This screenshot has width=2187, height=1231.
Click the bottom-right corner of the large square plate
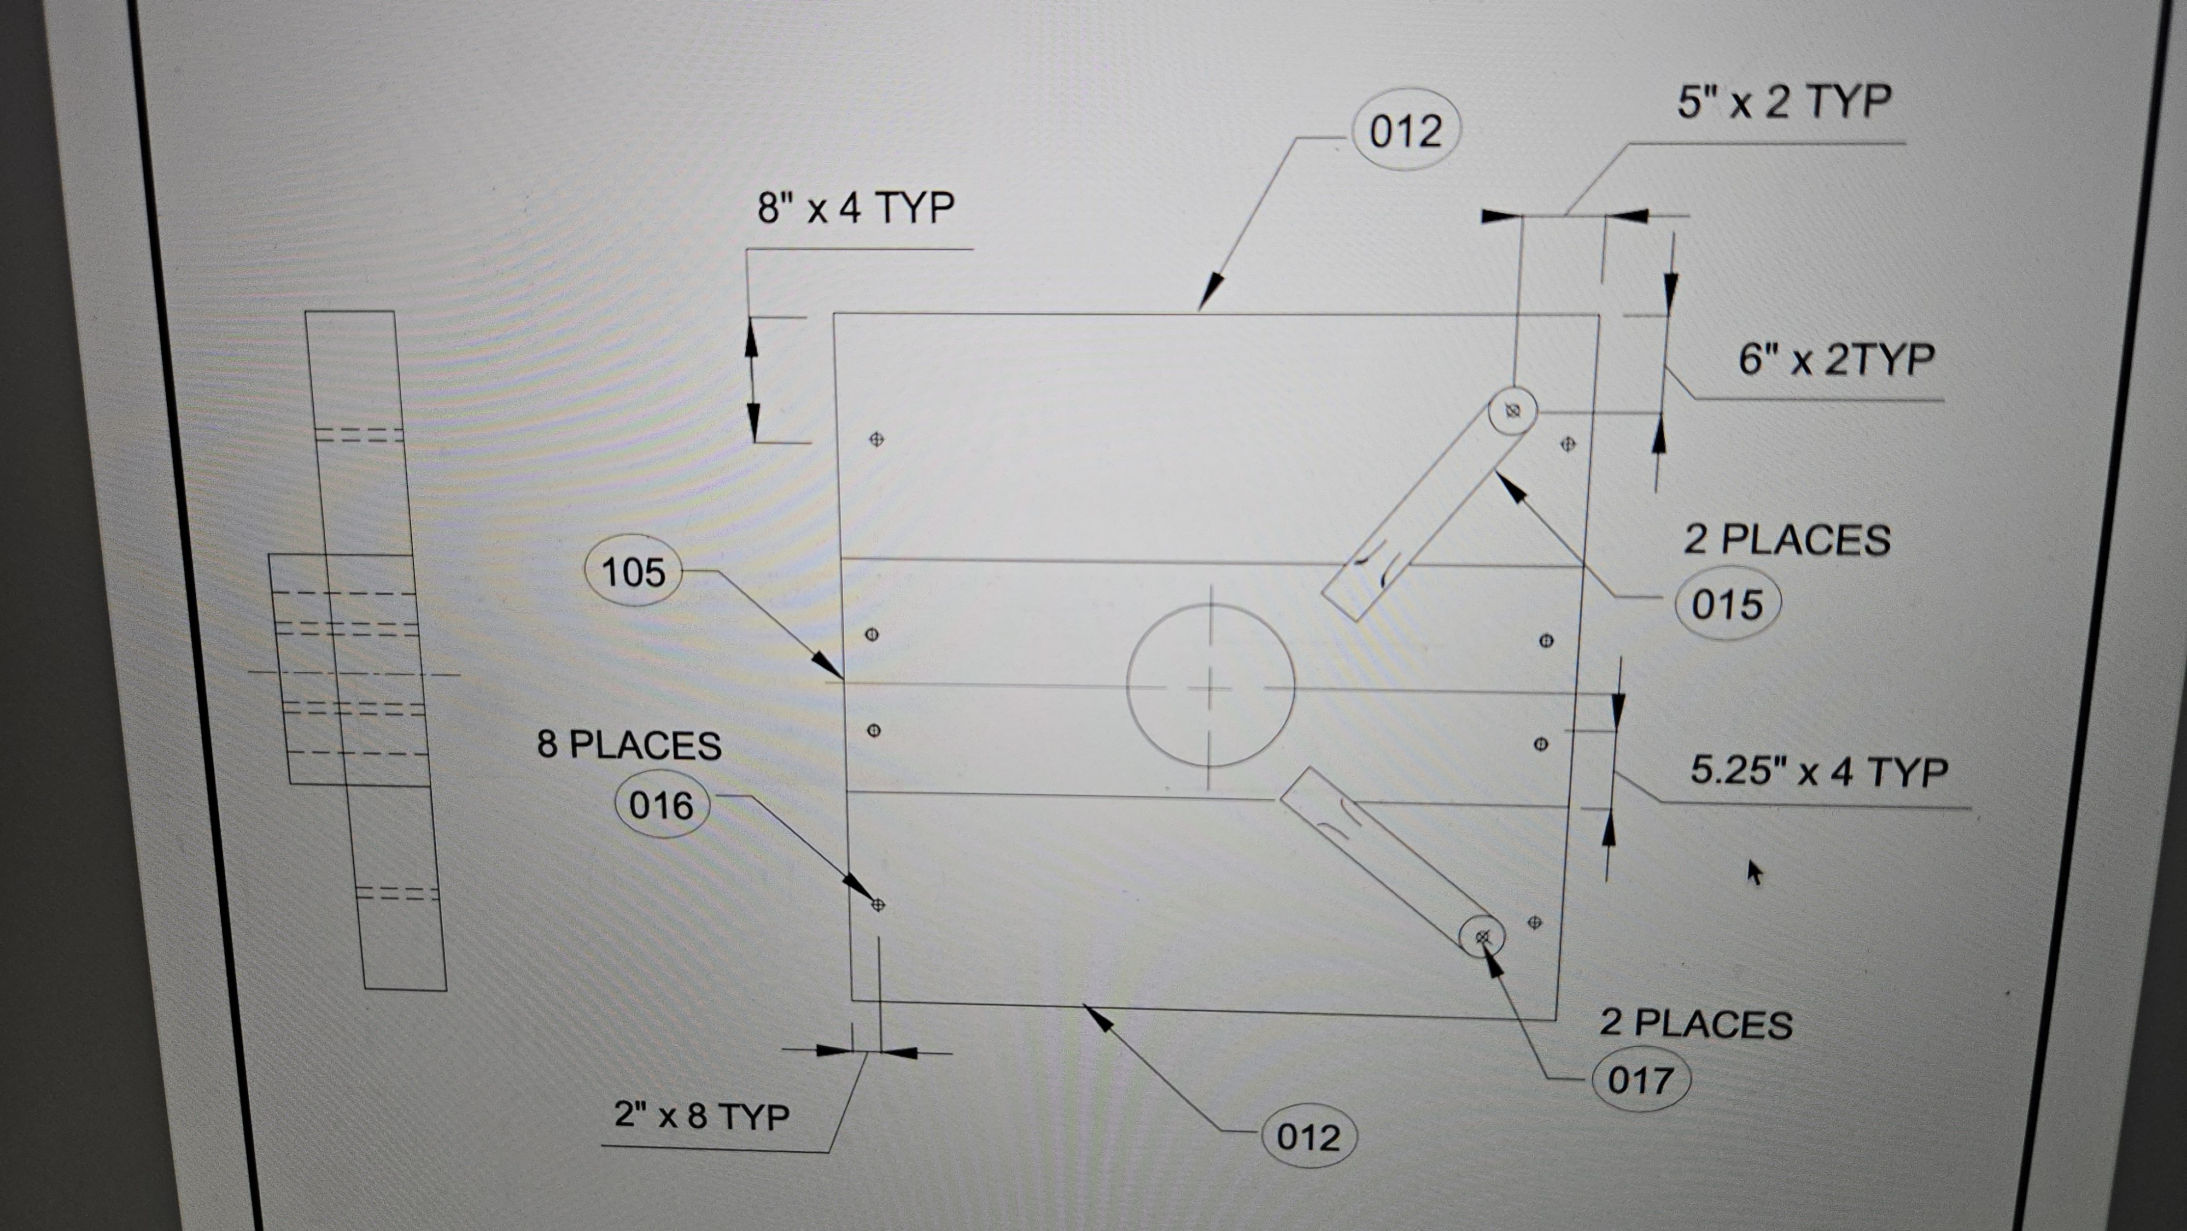click(x=1556, y=1019)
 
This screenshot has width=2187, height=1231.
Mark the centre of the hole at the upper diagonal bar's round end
click(x=1512, y=411)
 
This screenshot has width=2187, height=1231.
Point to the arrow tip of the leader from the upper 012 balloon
click(x=1199, y=310)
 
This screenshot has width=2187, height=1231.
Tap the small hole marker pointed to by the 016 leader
click(x=878, y=904)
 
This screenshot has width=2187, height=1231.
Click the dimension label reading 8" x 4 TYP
click(x=856, y=208)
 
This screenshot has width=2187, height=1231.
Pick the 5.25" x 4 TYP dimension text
click(x=1818, y=771)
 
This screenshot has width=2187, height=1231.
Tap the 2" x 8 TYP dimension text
click(x=701, y=1115)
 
